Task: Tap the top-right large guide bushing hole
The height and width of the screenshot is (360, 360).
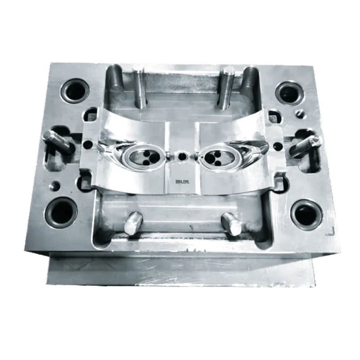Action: tap(288, 93)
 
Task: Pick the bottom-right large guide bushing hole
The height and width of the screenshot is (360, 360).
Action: tap(306, 214)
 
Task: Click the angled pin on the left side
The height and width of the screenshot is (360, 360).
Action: tap(58, 141)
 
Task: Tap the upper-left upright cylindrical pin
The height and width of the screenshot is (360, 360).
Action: tap(140, 87)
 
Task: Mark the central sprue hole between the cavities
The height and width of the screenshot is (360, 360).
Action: tap(182, 157)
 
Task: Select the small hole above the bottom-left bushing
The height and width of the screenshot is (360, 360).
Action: tap(55, 185)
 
